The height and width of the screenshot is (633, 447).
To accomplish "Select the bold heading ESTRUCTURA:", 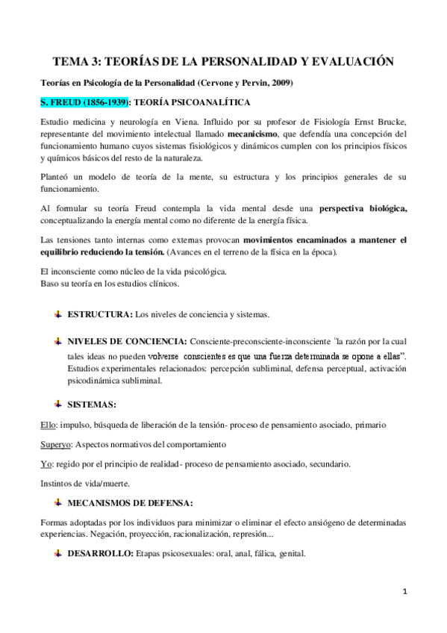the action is [101, 314].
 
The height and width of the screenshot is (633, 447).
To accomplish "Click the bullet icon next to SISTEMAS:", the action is [58, 404].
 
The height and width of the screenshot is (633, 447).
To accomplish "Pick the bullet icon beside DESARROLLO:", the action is [58, 554].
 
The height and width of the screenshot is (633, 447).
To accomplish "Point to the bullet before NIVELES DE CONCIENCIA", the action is [58, 340].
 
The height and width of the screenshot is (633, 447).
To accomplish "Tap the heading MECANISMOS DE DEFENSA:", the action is [131, 502].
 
